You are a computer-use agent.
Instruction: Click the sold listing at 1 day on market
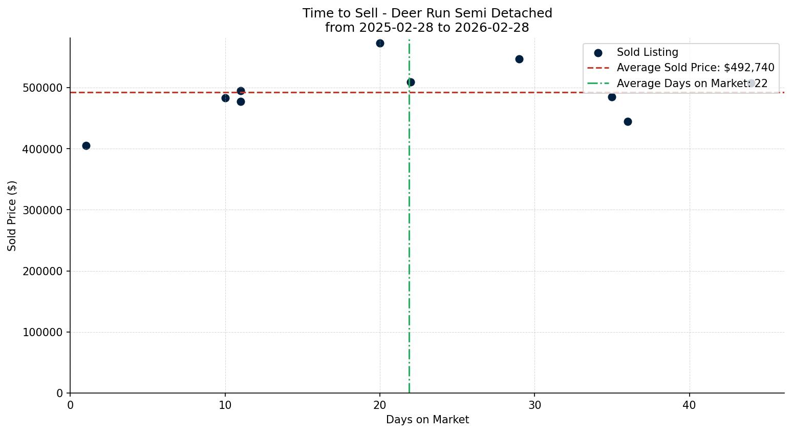[x=86, y=146]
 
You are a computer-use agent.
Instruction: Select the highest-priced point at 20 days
[x=380, y=44]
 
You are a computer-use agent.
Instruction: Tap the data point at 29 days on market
[x=519, y=59]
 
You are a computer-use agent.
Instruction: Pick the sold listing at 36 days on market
[x=628, y=122]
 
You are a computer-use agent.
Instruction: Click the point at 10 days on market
[x=225, y=98]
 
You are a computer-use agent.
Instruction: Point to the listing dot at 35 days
[x=612, y=97]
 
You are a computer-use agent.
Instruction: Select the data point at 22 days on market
[x=411, y=83]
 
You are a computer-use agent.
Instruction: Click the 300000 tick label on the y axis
[x=43, y=210]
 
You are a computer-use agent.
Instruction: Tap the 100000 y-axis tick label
[x=43, y=333]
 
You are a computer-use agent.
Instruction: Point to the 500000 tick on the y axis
[x=43, y=88]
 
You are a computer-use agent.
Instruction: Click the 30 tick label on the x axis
[x=534, y=405]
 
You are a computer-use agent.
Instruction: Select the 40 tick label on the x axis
[x=689, y=405]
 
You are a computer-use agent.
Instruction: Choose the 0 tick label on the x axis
[x=70, y=405]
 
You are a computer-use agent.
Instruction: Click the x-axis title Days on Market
[x=427, y=420]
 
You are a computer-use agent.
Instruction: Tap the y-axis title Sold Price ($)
[x=12, y=216]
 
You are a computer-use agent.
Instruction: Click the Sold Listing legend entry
[x=647, y=52]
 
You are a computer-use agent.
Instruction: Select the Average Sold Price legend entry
[x=695, y=68]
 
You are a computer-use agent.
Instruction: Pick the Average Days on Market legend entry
[x=692, y=84]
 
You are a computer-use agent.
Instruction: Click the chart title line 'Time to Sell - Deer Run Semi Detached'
[x=427, y=13]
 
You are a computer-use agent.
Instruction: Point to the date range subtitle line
[x=427, y=28]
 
